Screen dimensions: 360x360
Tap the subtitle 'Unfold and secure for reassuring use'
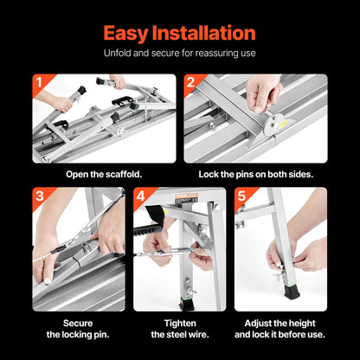pos(180,54)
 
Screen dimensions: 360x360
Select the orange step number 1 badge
pos(38,84)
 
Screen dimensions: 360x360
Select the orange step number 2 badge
pos(190,84)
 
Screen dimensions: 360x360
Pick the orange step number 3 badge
pos(38,196)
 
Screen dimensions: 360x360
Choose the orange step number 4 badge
pos(140,196)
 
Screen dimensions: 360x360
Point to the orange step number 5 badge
pos(241,196)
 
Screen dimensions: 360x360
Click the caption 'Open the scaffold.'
pos(104,173)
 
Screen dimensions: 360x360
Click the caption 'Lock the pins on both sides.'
pos(255,173)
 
